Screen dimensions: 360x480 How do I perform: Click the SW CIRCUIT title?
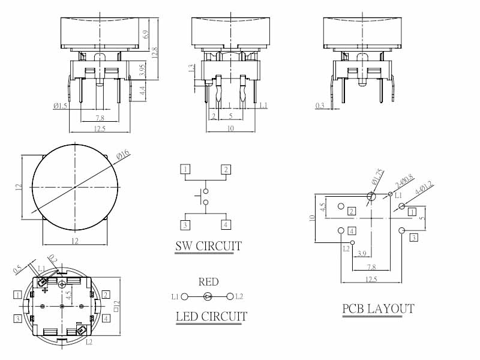point(208,246)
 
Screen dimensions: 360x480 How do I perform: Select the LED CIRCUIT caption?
point(211,316)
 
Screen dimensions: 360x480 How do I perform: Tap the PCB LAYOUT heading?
point(378,309)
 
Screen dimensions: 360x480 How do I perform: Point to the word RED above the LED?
point(209,282)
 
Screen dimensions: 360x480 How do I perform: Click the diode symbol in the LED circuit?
point(208,296)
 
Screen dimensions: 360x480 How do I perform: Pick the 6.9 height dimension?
point(146,35)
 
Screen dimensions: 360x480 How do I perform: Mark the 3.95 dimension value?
point(142,70)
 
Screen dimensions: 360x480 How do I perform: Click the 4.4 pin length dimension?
point(142,91)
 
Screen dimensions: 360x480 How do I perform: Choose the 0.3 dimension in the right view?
point(321,106)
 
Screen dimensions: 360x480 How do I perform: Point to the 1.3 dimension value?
point(191,69)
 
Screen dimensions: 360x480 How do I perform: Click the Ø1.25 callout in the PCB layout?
point(377,176)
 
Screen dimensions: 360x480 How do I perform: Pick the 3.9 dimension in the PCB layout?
point(362,254)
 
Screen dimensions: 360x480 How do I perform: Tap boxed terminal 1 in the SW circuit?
point(187,169)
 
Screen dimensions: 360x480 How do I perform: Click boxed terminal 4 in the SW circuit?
point(226,225)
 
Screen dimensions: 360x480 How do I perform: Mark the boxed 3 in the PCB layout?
point(413,238)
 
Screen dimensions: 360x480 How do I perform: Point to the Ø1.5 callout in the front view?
point(60,106)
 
